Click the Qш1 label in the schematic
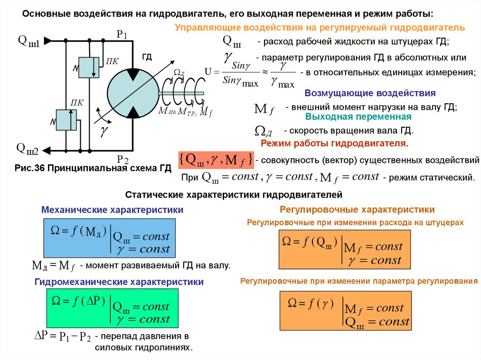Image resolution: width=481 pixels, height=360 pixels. pyautogui.click(x=28, y=41)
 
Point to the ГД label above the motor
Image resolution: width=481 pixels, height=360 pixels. pyautogui.click(x=147, y=57)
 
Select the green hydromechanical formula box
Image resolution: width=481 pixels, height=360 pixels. pyautogui.click(x=112, y=308)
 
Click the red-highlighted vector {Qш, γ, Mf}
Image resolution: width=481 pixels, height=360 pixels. pyautogui.click(x=216, y=160)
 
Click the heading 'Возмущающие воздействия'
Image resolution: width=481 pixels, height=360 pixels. pyautogui.click(x=370, y=93)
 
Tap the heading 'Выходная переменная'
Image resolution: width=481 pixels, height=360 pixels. pyautogui.click(x=358, y=116)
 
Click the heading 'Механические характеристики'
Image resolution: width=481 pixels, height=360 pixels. pyautogui.click(x=112, y=210)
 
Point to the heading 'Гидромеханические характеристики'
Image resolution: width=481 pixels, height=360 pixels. pyautogui.click(x=119, y=282)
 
